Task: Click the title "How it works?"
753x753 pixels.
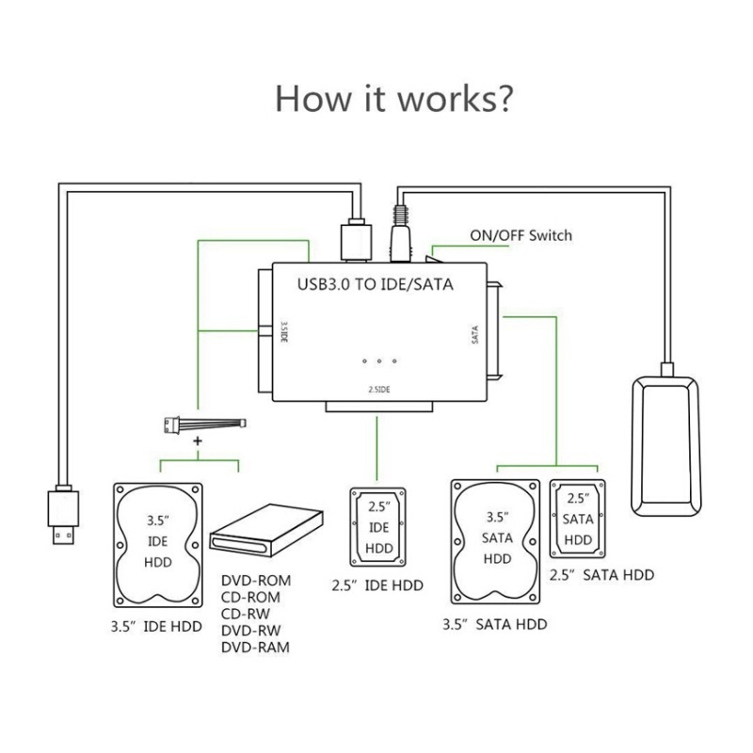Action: (x=393, y=98)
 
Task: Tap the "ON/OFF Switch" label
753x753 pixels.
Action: (x=521, y=235)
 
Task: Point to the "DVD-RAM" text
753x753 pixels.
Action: (x=255, y=647)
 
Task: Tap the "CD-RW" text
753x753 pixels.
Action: (x=246, y=613)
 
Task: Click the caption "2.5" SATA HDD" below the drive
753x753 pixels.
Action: (x=601, y=574)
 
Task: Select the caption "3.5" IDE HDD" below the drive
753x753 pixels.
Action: (x=156, y=627)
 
